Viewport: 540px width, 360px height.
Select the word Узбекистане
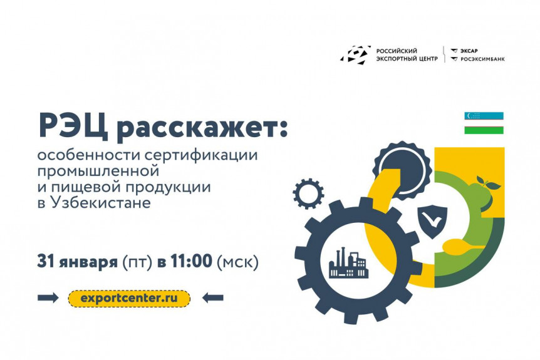click(x=101, y=203)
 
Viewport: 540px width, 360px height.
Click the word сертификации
click(x=201, y=155)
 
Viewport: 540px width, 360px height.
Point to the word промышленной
click(x=98, y=171)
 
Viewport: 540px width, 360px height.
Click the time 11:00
click(x=191, y=261)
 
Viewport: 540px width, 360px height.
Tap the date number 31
click(x=46, y=261)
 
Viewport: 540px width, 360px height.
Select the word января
click(x=88, y=263)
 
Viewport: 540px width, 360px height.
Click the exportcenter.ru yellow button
click(x=129, y=299)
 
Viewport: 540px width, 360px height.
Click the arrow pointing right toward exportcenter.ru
click(x=48, y=298)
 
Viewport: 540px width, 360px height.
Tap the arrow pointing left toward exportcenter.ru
click(x=213, y=298)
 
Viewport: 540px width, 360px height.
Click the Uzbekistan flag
click(x=484, y=123)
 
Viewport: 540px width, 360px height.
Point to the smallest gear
click(x=309, y=193)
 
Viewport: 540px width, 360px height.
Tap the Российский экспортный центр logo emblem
click(x=356, y=55)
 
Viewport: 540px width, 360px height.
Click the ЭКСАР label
click(x=465, y=51)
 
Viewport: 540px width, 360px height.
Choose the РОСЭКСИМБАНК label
click(x=479, y=59)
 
